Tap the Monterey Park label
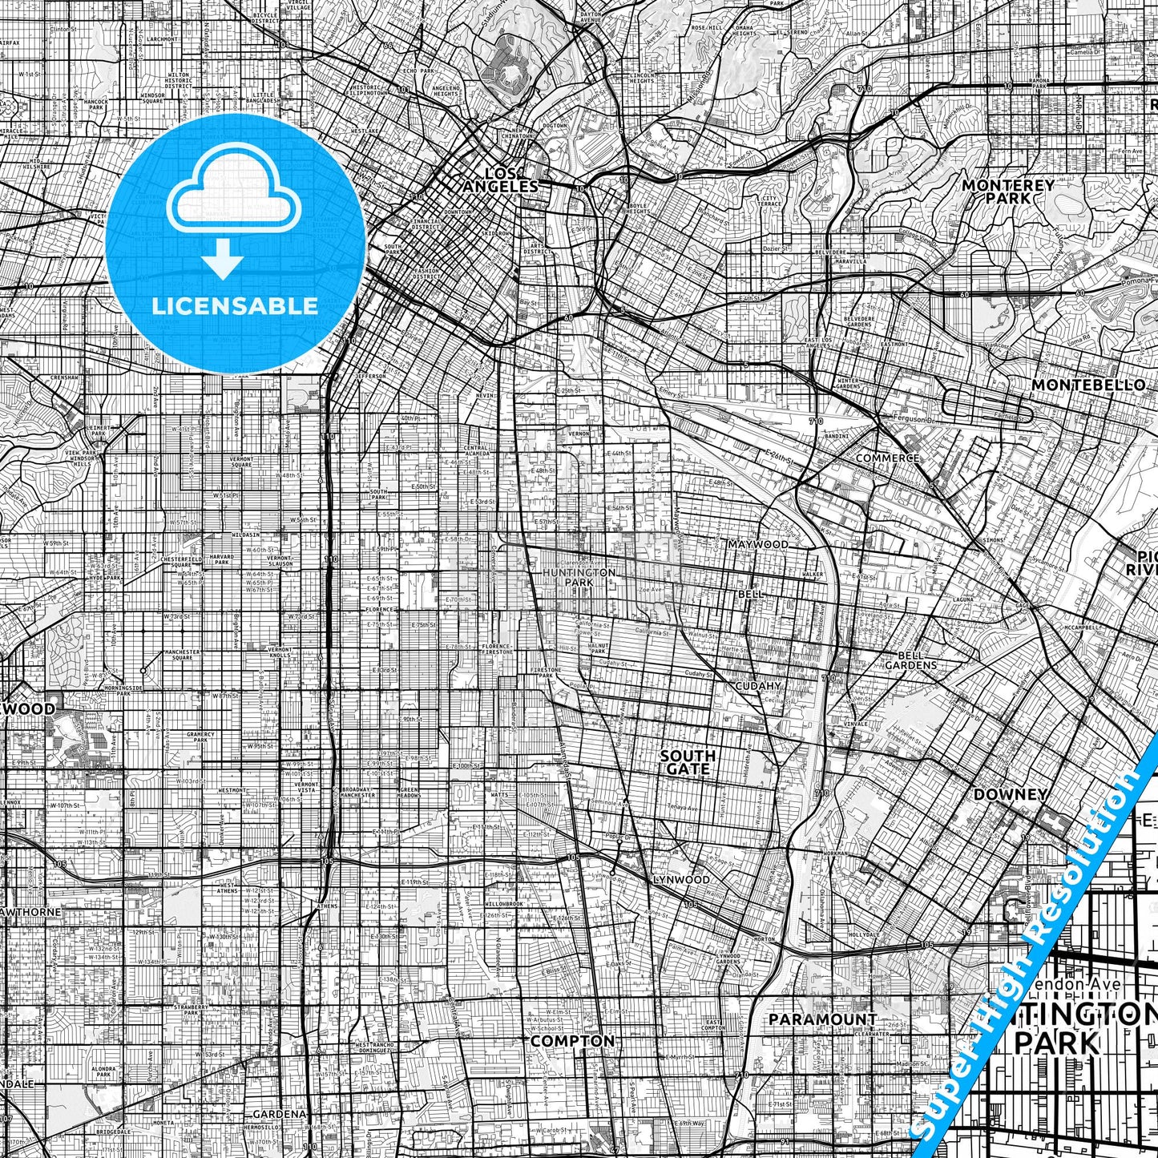1007,191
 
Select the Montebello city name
1087,385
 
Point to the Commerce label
887,458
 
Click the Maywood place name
757,544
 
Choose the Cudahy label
757,686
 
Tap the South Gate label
688,761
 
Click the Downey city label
1010,794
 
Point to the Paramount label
822,1019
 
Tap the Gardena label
280,1114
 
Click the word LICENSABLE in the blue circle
235,305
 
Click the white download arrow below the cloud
223,260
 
